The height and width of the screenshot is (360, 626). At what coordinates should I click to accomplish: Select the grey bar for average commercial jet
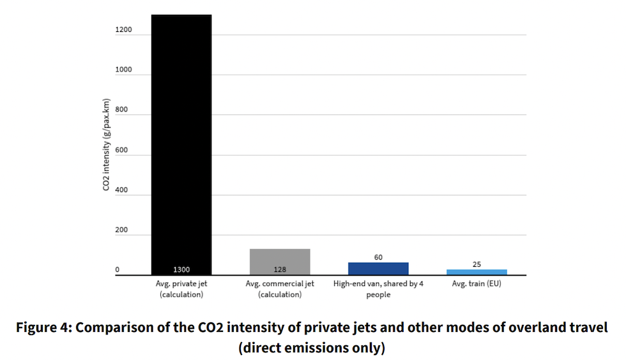tap(279, 262)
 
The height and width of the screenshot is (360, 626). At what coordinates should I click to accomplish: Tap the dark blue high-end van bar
tap(378, 268)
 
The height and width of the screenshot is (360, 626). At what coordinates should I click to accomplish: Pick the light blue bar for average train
tap(477, 272)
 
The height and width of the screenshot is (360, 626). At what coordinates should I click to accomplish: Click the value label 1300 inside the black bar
tap(181, 269)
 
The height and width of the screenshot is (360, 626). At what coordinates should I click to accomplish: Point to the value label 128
tap(279, 269)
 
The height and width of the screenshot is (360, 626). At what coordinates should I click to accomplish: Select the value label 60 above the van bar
tap(378, 257)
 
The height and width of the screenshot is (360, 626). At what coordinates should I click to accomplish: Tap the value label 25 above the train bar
tap(477, 264)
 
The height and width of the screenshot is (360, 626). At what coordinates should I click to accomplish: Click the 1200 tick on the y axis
tap(123, 30)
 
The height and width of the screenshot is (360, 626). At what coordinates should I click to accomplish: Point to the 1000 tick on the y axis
tap(123, 70)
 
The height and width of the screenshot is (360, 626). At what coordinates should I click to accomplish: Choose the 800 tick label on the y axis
tap(122, 110)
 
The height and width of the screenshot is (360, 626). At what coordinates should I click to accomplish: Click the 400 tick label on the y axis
tap(122, 190)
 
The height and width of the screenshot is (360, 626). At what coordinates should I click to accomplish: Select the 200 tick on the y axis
tap(122, 230)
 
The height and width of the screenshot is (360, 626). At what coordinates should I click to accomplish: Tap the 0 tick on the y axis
tap(118, 270)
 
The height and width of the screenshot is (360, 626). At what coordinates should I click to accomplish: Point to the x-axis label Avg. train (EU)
tap(477, 284)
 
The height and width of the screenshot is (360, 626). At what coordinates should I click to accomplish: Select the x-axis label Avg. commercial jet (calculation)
tap(280, 289)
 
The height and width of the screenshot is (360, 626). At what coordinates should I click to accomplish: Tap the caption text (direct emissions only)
tap(312, 348)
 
